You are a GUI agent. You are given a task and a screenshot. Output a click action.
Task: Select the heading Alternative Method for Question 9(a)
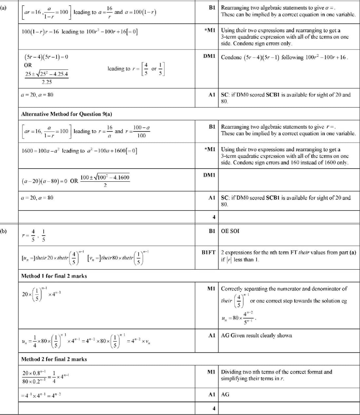click(x=66, y=114)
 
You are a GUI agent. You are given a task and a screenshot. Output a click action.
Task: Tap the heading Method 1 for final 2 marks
click(x=54, y=276)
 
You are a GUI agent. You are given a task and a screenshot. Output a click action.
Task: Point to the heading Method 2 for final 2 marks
click(x=54, y=359)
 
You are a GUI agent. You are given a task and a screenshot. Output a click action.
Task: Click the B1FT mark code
click(x=208, y=252)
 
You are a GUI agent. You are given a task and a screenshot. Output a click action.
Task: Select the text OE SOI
click(x=230, y=231)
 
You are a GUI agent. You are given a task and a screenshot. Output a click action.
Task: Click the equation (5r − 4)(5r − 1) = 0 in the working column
click(x=46, y=57)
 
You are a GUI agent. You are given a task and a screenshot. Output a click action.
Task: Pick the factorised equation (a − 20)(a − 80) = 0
click(x=45, y=181)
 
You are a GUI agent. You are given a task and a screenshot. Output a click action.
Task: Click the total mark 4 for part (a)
click(x=214, y=217)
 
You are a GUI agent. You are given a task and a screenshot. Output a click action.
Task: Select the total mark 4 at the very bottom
click(x=214, y=408)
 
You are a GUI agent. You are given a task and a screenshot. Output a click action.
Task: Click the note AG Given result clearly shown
click(x=256, y=335)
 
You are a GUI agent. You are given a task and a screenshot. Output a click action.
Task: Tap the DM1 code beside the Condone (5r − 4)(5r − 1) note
click(x=209, y=56)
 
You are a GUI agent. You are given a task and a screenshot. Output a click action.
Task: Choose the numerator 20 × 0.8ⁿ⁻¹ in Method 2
click(x=34, y=373)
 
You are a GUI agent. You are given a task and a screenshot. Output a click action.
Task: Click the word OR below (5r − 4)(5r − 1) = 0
click(x=28, y=65)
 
